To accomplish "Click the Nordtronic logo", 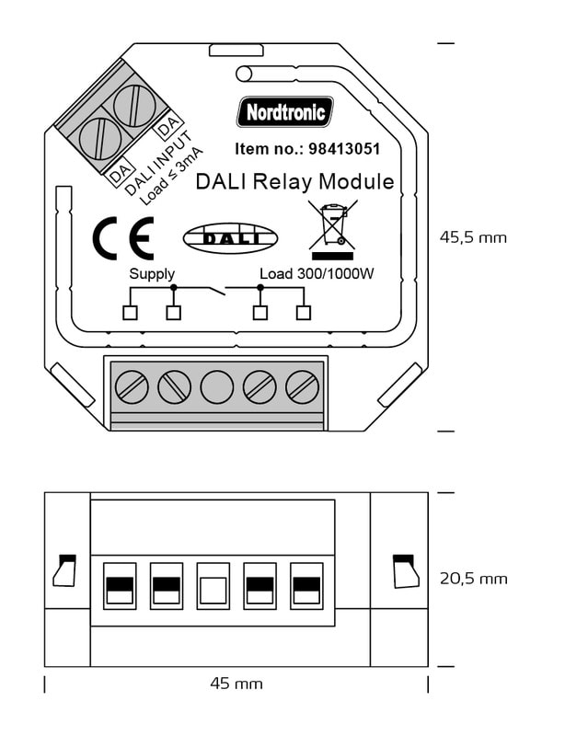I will [x=285, y=112].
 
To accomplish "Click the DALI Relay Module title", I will [x=294, y=181].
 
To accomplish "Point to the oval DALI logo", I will [x=230, y=237].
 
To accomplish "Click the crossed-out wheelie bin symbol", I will [x=332, y=226].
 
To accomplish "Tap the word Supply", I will [x=152, y=274].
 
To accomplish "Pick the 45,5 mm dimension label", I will [x=473, y=237].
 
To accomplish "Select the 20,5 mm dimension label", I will [x=473, y=579].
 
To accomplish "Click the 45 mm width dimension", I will [x=236, y=684].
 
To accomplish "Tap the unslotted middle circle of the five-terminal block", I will [x=217, y=386].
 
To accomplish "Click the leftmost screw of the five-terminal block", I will [x=132, y=386].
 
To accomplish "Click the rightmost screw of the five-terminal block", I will [x=302, y=386].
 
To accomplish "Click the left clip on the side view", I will [x=64, y=570].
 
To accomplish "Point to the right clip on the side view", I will [x=403, y=570].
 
